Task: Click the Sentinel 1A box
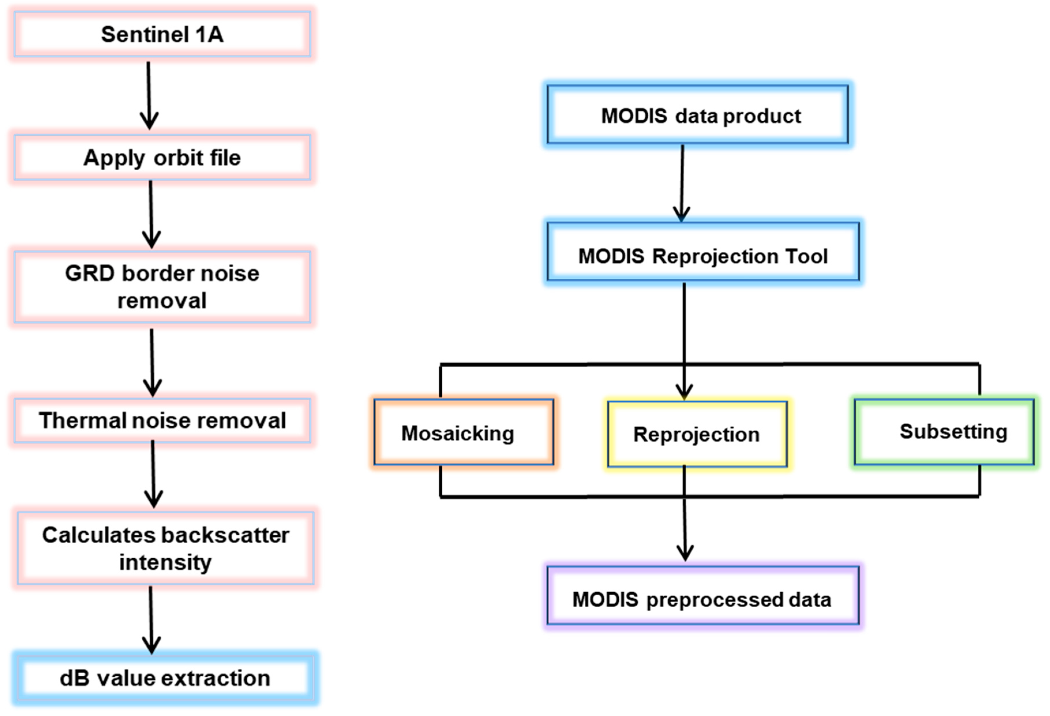coord(162,34)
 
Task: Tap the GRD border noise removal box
coord(162,287)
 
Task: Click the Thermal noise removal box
coord(162,420)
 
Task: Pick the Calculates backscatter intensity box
coord(165,548)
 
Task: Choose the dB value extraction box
coord(165,678)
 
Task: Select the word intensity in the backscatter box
coord(165,562)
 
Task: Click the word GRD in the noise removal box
coord(89,273)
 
